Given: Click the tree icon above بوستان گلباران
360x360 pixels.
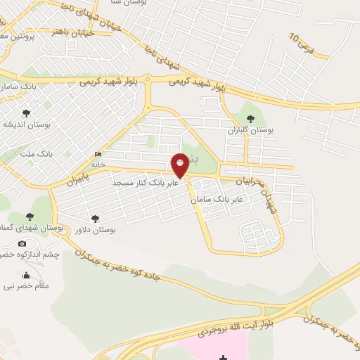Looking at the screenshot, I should click(251, 118).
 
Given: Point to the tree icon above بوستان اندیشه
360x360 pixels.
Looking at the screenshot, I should click(26, 112).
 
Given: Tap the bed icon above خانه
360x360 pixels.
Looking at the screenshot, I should click(97, 155).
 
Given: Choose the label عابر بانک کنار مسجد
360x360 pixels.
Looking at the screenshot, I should click(144, 182).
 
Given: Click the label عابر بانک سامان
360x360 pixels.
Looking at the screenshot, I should click(217, 200).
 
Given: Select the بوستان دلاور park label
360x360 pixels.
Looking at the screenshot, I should click(95, 230).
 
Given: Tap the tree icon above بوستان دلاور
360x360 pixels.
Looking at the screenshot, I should click(95, 219).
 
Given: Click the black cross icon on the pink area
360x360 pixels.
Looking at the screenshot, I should click(223, 358).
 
